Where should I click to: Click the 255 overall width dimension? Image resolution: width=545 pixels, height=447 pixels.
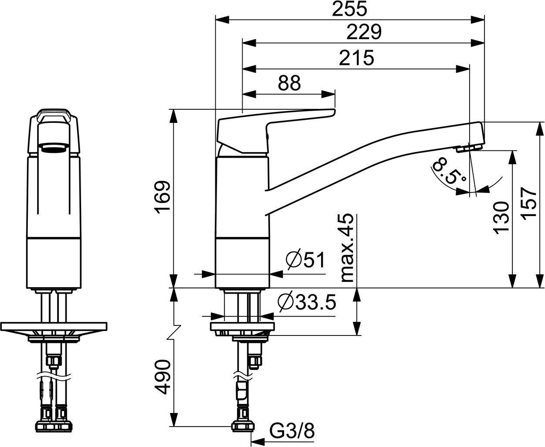coord(349,9)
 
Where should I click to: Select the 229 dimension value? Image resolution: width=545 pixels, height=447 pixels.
coord(364,32)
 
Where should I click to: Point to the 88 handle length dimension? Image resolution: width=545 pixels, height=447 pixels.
coord(289,83)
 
